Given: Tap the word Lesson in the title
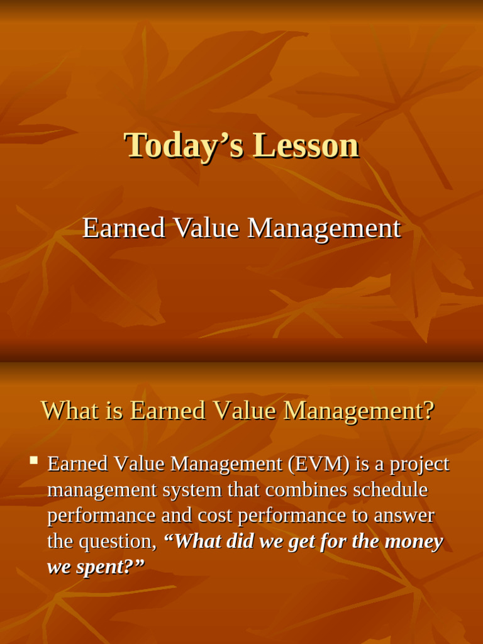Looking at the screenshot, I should pyautogui.click(x=306, y=145).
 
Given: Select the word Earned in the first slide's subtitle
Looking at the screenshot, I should pyautogui.click(x=124, y=228).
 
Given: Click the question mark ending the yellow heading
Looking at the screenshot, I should pyautogui.click(x=428, y=411).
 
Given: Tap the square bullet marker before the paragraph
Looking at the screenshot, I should pyautogui.click(x=33, y=462).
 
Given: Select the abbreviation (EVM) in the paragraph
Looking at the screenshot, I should pyautogui.click(x=319, y=464).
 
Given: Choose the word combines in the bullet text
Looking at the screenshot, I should pyautogui.click(x=303, y=490).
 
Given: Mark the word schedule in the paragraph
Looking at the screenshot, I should pyautogui.click(x=390, y=490).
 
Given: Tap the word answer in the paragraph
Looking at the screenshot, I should pyautogui.click(x=404, y=516).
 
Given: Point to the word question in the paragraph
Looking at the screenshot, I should pyautogui.click(x=117, y=541).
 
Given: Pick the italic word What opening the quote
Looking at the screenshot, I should pyautogui.click(x=192, y=541).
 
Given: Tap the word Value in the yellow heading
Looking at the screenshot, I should pyautogui.click(x=244, y=411).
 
